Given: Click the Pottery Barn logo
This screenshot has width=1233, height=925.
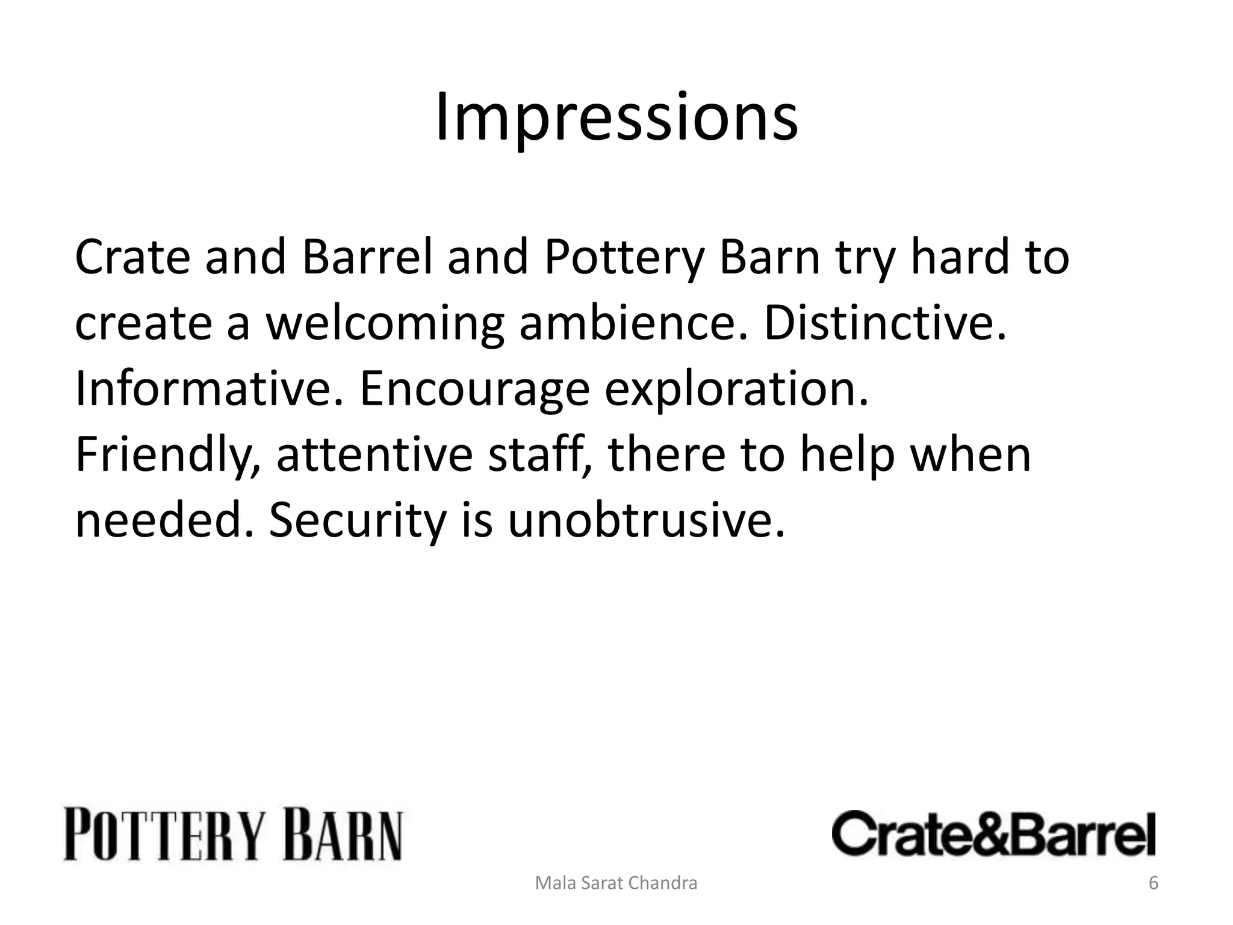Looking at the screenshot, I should point(233,835).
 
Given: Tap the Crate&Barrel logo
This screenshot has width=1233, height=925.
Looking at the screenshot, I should point(993,834).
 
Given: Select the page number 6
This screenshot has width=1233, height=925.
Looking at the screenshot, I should point(1153,883).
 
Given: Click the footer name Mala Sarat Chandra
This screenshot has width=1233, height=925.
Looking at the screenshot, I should point(616,883).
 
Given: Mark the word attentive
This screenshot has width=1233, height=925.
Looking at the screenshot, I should point(374,455).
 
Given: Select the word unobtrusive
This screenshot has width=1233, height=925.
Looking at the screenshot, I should point(647,520).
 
